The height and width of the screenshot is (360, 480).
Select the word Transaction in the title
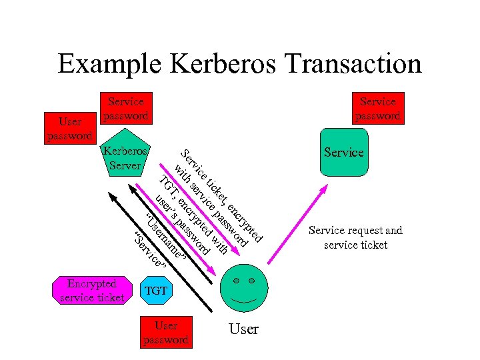(353, 64)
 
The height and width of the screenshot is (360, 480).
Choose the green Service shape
(343, 153)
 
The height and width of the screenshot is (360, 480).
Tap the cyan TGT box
(156, 291)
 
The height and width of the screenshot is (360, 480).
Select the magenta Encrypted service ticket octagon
(92, 291)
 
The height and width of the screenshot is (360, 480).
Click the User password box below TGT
(166, 332)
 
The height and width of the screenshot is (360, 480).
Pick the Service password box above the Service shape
(377, 108)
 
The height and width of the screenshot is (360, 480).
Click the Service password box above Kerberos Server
(125, 108)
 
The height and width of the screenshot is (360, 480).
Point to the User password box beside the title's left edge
(70, 129)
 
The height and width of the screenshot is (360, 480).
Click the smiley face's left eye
(236, 281)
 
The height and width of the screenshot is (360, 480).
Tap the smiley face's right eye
(251, 281)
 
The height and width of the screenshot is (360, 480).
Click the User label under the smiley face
(243, 329)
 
